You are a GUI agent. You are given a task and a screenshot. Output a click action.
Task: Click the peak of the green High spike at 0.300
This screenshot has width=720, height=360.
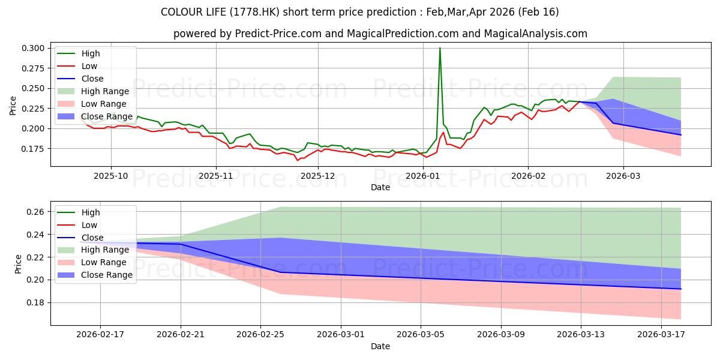tap(440, 48)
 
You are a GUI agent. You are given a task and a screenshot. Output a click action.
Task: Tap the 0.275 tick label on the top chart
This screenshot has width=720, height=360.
tap(33, 68)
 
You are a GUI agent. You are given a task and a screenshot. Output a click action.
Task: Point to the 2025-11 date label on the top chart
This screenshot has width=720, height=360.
tap(216, 176)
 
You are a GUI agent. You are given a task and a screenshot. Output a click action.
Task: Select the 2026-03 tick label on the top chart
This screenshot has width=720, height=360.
tap(623, 176)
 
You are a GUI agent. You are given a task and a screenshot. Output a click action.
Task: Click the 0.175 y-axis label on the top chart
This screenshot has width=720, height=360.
tap(33, 149)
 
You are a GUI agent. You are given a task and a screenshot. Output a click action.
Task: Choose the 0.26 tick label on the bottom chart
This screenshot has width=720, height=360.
tap(35, 212)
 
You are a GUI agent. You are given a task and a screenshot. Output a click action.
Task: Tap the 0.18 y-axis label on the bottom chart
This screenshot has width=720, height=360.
tap(35, 303)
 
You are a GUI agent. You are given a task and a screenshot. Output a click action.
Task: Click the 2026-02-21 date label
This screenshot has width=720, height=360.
tap(181, 335)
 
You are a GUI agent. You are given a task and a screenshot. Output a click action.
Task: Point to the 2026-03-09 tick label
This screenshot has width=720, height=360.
tap(501, 335)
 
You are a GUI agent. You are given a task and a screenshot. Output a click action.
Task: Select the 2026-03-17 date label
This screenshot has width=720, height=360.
tap(661, 335)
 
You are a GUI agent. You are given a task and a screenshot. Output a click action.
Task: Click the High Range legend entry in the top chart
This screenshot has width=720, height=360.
tap(93, 91)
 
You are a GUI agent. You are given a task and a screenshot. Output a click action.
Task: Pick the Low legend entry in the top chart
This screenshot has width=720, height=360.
tap(77, 66)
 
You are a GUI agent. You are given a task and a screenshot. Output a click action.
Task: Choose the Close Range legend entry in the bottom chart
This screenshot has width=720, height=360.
tap(95, 275)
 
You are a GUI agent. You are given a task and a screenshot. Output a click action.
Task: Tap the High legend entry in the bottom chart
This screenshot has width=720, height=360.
tap(79, 212)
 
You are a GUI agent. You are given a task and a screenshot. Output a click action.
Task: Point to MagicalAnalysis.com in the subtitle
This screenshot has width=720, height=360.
tap(535, 34)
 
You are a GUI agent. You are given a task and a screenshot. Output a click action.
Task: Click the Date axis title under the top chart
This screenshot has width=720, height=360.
tap(380, 187)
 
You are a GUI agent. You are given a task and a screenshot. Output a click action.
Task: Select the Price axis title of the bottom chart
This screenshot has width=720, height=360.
tap(18, 264)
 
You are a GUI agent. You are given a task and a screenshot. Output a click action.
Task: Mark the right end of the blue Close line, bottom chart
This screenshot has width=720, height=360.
tap(680, 289)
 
